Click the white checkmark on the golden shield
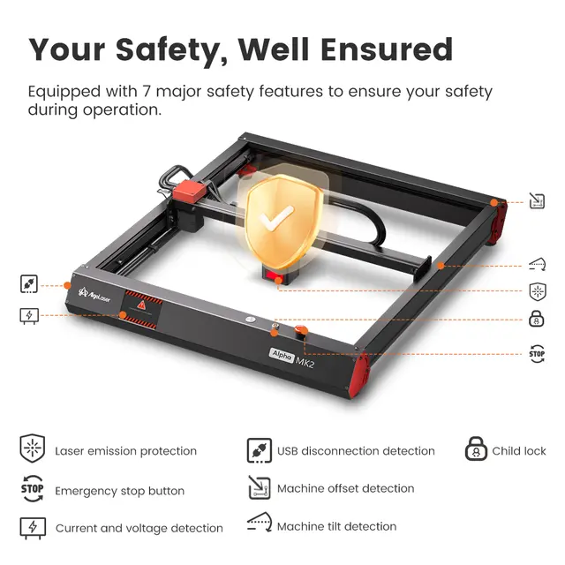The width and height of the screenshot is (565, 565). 276,217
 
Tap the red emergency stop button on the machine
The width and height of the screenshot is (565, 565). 300,330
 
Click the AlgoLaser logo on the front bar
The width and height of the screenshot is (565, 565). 94,295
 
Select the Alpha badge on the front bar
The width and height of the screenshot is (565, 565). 282,355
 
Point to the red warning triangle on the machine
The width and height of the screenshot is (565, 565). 141,305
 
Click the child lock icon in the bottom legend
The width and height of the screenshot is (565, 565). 476,448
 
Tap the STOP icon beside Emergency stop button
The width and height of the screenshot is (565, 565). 32,488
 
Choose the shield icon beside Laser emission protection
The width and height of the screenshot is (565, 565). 33,448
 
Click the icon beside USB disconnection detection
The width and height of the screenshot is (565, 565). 259,450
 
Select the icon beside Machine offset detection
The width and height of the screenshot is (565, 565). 260,487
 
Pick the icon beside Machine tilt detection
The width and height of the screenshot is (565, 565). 260,522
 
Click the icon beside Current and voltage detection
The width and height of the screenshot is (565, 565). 33,528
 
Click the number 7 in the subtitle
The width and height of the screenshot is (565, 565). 147,91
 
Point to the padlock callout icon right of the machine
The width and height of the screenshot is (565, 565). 536,319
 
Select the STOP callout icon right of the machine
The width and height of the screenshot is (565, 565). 537,354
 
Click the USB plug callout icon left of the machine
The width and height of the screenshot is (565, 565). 29,284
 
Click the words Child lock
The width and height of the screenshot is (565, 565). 519,451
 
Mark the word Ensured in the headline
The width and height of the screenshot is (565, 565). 387,49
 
